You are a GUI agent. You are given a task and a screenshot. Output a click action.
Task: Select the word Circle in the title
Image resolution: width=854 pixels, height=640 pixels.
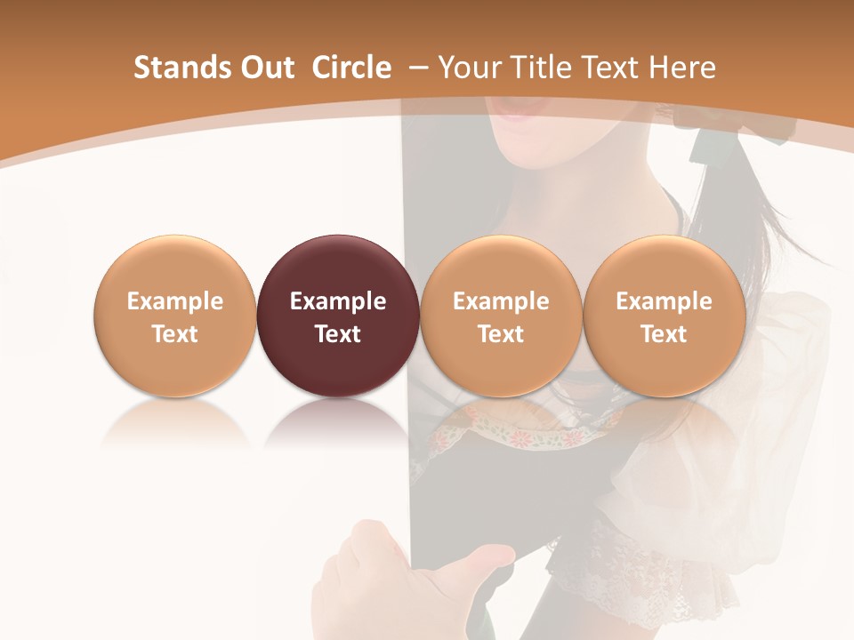coord(351,68)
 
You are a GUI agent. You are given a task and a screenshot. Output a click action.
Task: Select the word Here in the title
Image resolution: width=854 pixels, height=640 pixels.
coord(681,68)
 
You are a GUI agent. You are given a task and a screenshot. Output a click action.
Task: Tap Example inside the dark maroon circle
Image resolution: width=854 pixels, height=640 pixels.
coord(338,301)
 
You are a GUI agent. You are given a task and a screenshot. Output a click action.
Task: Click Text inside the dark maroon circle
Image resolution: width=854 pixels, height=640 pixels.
coord(338,334)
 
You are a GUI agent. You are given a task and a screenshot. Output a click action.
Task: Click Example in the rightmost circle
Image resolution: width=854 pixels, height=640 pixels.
coord(665,301)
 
